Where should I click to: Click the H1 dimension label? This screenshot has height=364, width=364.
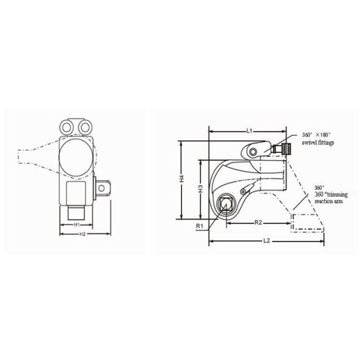point(77,224)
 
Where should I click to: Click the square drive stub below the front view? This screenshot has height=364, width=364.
point(76,212)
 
